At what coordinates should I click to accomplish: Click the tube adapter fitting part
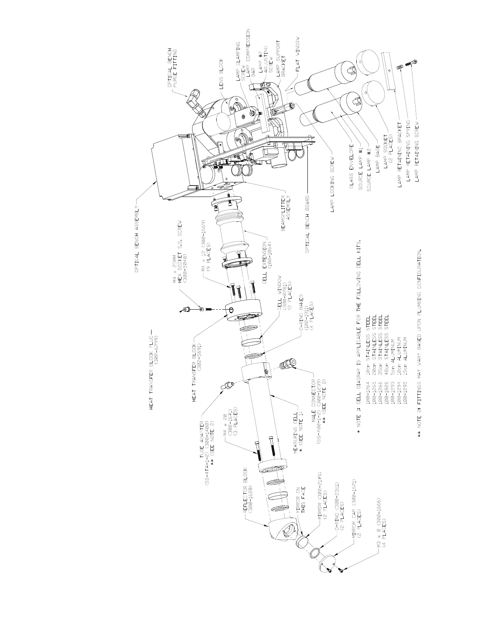pyautogui.click(x=227, y=385)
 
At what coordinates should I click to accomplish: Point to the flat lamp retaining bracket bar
pyautogui.click(x=389, y=71)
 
